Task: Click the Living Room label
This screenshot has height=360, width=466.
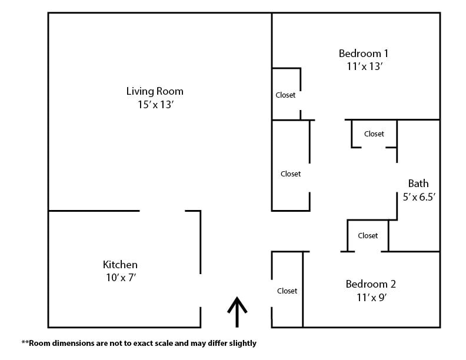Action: coord(155,91)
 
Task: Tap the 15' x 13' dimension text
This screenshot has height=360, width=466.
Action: coord(155,105)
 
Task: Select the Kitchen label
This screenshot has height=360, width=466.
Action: coord(120,264)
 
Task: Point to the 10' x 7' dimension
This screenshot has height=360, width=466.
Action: coord(121,278)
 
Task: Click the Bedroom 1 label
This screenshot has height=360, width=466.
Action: coord(364,54)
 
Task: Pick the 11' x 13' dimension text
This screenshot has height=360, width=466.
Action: coord(364,66)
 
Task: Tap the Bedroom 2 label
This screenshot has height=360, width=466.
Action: coord(371,284)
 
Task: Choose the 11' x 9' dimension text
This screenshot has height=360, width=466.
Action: coord(371,297)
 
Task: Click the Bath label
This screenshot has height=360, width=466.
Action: coord(418,184)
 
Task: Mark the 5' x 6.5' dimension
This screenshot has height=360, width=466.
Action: coord(419,196)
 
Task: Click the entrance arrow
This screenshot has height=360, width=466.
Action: coord(237,312)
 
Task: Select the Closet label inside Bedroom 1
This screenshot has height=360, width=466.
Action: coord(285,95)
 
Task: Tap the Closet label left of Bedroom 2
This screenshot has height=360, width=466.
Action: coord(287,291)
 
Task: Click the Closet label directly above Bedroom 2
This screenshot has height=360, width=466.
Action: coord(368,235)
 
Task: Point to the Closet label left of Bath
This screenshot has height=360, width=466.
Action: coord(291,174)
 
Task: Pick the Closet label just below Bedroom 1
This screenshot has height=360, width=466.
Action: coord(374,134)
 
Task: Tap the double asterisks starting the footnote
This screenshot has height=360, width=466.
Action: coord(25,342)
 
